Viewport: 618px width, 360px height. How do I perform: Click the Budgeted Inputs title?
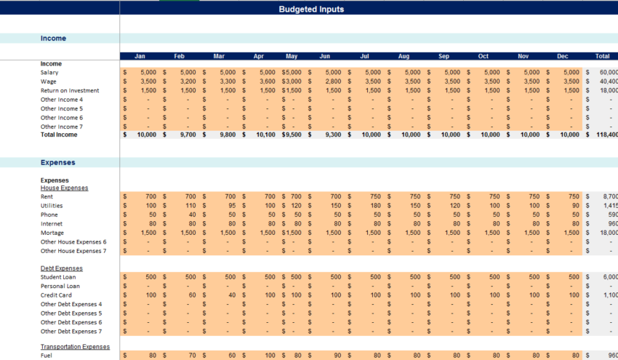311,9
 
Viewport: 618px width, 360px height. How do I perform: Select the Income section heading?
53,39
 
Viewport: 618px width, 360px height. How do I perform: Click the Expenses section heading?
57,163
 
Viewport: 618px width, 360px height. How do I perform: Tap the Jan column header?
140,56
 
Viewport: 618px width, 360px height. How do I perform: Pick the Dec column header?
563,56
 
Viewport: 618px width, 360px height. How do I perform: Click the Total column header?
602,56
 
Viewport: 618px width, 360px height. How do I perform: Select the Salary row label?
49,73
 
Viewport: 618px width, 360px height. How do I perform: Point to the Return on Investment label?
70,91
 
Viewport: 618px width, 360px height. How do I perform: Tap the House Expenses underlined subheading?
64,188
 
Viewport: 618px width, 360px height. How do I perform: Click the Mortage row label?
53,233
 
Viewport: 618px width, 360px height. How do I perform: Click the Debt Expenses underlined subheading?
62,268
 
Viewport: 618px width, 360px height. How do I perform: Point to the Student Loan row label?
60,277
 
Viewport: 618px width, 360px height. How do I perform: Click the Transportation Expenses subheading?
75,348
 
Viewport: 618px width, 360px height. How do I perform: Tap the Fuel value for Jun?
335,356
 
